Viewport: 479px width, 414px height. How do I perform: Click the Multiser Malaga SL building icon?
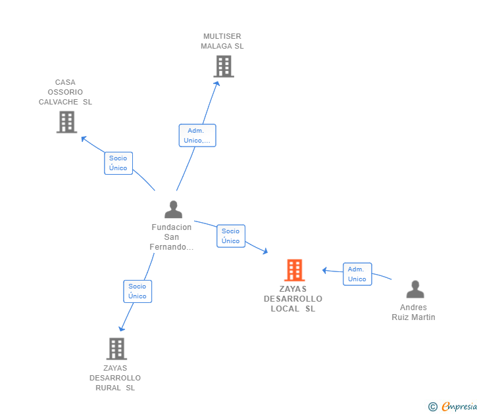[224, 66]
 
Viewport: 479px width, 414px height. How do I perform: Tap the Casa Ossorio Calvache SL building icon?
[66, 122]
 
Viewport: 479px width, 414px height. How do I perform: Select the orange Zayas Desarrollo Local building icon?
[294, 270]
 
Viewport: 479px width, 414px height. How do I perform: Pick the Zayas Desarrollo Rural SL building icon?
[116, 349]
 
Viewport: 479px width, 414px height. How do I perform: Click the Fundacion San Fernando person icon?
[173, 210]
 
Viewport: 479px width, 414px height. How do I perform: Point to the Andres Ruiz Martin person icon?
[415, 290]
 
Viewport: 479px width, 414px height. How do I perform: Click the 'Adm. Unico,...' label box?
[197, 135]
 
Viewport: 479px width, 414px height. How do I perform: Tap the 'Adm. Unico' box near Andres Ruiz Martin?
[357, 274]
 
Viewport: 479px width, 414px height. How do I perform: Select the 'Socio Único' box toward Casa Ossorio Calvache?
[118, 163]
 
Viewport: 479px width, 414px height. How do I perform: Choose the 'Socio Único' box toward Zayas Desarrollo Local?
[231, 236]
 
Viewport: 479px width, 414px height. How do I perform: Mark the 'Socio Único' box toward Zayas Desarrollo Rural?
[138, 291]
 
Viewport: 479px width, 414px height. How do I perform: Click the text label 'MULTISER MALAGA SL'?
[223, 41]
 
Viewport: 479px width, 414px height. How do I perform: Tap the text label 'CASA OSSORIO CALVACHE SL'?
[65, 92]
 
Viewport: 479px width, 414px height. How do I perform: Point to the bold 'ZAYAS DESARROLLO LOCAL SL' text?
[293, 299]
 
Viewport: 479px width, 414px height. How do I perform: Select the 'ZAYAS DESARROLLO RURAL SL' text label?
[115, 378]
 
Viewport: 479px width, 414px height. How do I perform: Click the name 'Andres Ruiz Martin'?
[413, 312]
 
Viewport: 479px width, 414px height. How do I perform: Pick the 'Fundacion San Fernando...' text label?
[172, 237]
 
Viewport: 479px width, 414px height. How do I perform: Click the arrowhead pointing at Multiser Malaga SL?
[217, 83]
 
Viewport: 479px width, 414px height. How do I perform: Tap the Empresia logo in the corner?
[459, 407]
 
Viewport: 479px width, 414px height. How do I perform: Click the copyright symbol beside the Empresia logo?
[433, 407]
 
